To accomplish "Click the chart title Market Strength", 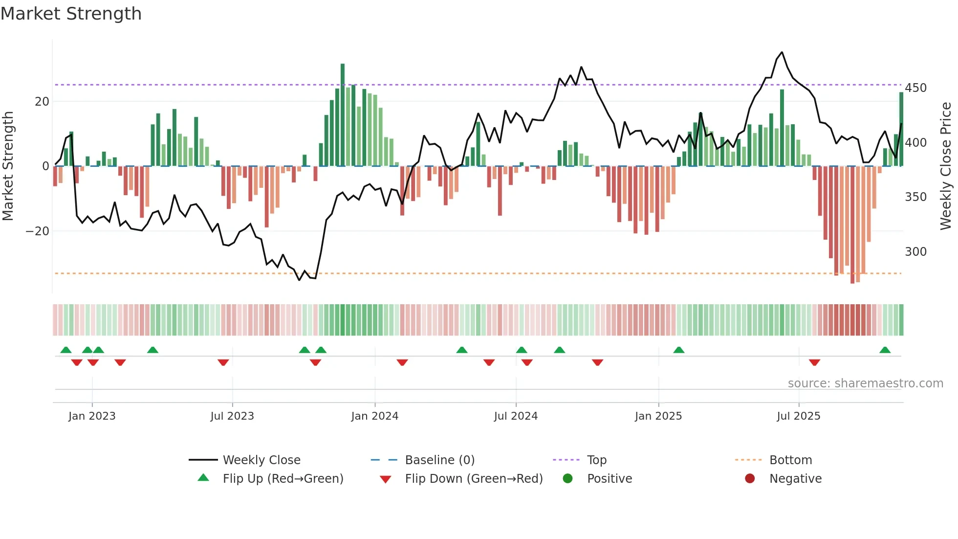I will (x=71, y=14).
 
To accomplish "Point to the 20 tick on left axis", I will (x=42, y=102).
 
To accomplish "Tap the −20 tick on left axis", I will (x=38, y=231).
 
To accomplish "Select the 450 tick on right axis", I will (x=915, y=88).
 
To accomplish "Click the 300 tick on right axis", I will (x=915, y=252).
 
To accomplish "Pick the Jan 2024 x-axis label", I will (x=374, y=416).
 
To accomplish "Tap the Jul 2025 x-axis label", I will (x=798, y=416).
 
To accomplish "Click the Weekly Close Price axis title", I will (x=946, y=166).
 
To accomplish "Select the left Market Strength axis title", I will (x=8, y=166).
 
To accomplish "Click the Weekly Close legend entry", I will (x=261, y=460).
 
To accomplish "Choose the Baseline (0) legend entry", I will (x=439, y=460).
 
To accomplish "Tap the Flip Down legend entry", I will (x=473, y=479).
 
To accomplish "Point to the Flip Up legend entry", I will (x=283, y=479).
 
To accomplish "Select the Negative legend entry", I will (x=795, y=479).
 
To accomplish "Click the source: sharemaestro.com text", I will (x=865, y=383).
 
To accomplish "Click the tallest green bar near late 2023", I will (x=343, y=115).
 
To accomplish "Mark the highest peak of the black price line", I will (x=782, y=52).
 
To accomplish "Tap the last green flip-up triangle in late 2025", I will (x=885, y=350).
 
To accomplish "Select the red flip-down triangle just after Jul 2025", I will (x=814, y=362).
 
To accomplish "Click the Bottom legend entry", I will (x=790, y=460).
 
